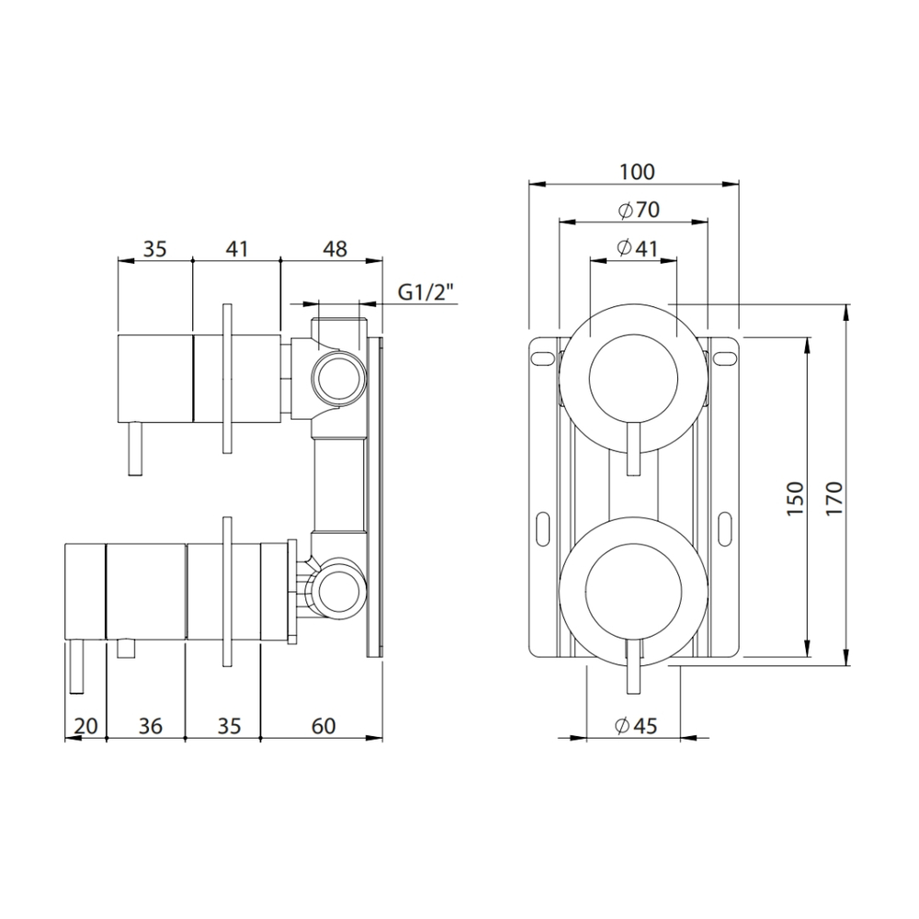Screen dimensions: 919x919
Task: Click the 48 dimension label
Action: [335, 249]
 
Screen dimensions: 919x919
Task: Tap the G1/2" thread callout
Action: [426, 291]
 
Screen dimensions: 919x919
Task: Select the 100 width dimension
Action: [637, 173]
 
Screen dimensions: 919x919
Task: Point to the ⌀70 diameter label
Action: [639, 210]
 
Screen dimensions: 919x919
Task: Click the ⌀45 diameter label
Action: [637, 726]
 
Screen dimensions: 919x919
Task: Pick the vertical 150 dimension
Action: [795, 498]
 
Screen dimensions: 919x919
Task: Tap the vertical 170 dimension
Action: [834, 498]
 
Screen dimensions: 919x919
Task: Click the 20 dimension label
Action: [86, 726]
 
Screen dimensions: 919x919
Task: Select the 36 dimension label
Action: [150, 726]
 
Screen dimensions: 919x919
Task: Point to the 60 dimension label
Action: [323, 726]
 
